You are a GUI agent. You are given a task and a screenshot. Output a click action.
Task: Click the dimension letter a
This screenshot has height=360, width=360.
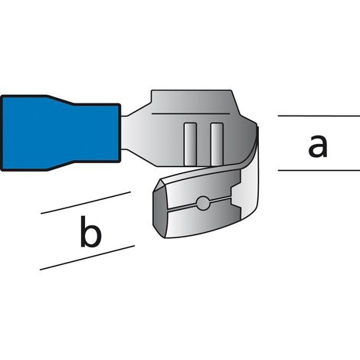(318, 146)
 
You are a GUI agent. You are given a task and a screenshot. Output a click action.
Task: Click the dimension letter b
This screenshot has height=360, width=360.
(90, 231)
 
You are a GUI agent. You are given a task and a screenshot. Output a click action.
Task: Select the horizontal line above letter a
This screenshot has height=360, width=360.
(319, 116)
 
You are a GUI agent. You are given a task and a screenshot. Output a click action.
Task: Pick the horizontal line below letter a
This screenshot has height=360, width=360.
(319, 170)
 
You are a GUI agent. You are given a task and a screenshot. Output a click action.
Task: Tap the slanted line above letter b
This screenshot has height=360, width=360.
(86, 203)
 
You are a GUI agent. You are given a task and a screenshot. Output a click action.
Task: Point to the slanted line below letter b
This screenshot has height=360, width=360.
(87, 257)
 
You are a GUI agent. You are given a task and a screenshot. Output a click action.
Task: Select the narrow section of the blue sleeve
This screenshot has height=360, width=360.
(97, 133)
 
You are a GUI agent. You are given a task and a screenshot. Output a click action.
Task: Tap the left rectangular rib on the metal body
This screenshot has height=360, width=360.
(190, 144)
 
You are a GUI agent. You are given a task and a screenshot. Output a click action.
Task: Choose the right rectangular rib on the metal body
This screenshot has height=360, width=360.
(217, 144)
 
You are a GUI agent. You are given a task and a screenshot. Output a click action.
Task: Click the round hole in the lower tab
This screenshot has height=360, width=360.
(203, 203)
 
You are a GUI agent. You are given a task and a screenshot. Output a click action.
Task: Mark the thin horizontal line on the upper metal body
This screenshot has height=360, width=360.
(191, 113)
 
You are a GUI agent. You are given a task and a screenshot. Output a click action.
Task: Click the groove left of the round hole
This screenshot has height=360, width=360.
(182, 208)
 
